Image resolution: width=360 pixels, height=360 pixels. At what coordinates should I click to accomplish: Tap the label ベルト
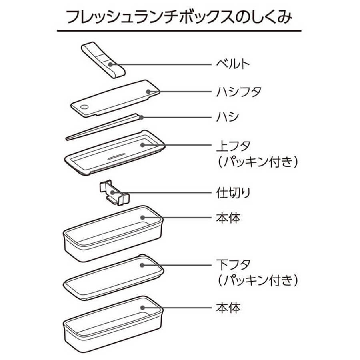233,64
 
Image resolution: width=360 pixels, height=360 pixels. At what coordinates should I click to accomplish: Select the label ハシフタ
239,92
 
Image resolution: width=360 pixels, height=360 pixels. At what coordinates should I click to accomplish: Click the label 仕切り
233,193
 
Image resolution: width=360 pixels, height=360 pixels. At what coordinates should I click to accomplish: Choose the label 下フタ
233,265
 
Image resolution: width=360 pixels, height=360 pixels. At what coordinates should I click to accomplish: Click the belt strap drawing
103,60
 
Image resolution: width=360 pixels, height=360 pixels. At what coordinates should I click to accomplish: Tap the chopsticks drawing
104,127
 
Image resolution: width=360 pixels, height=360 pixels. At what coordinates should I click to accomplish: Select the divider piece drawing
114,192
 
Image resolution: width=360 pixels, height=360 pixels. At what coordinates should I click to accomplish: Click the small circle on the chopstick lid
84,107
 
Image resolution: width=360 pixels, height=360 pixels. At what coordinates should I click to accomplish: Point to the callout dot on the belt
110,64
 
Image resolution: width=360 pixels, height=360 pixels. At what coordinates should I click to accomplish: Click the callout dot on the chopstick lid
148,92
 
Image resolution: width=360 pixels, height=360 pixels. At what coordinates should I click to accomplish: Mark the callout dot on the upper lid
142,145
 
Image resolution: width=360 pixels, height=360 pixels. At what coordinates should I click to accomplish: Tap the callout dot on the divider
112,192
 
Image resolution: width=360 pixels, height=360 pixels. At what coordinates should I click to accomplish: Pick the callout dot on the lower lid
142,265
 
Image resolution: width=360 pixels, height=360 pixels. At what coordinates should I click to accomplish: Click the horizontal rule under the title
179,30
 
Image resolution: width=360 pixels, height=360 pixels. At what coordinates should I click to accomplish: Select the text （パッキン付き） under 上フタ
257,162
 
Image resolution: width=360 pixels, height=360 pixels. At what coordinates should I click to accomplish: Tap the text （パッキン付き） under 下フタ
257,280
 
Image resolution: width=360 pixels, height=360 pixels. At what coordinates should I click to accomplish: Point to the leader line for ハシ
176,118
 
